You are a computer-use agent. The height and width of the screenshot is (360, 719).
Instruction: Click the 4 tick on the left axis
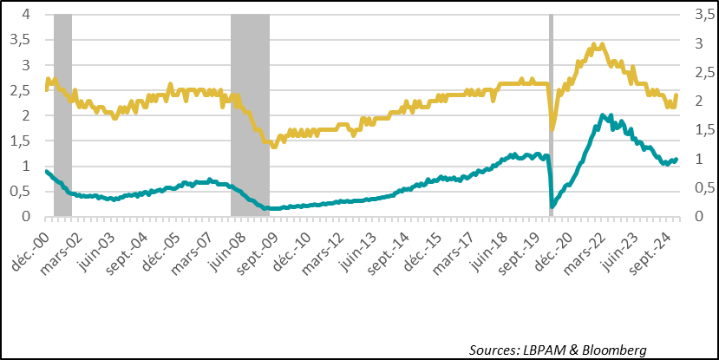[27, 15]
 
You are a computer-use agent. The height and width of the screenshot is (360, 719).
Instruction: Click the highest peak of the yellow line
[598, 43]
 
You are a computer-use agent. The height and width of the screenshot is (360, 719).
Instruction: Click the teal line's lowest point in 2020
[552, 206]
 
